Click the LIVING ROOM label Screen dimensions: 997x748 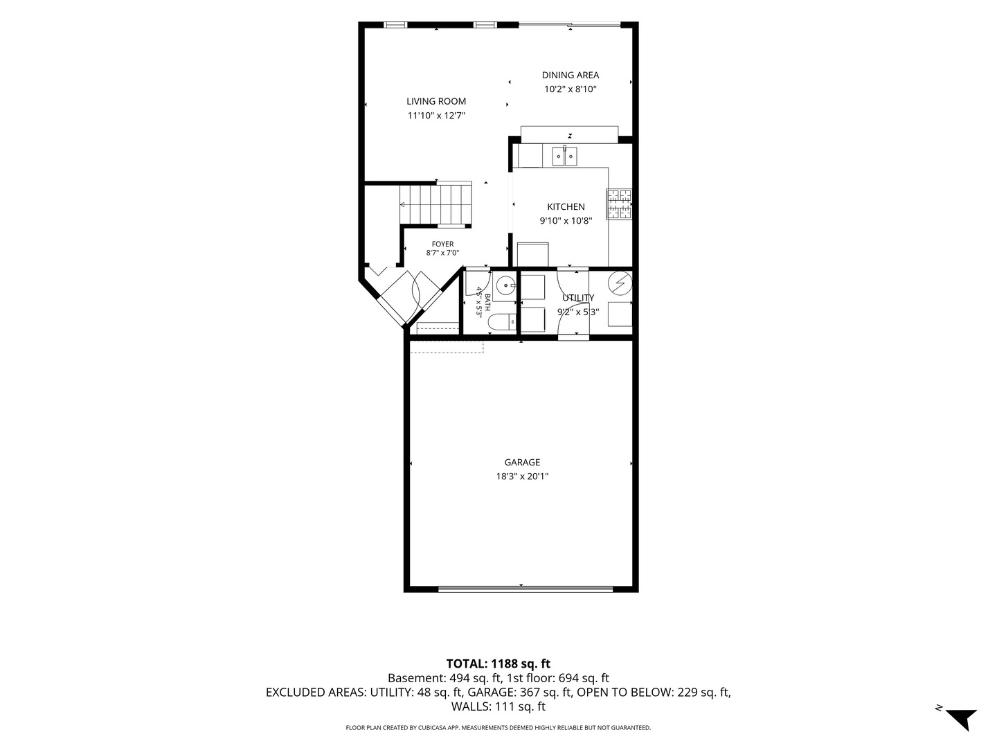coord(436,101)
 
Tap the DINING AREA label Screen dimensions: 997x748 coord(570,75)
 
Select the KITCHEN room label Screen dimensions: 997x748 coord(566,206)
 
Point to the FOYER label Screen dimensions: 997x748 coord(442,244)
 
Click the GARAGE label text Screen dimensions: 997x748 coord(522,463)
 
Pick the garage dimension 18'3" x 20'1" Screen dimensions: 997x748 coord(522,477)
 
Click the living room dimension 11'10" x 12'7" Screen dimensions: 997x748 coord(436,116)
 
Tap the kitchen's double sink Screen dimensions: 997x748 coord(564,157)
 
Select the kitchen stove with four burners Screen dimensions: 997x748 coord(619,204)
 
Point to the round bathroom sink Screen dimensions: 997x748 coord(505,286)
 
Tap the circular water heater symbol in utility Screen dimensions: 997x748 coord(620,283)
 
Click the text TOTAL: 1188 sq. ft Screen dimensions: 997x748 coord(498,664)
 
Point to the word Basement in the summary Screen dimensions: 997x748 coord(415,678)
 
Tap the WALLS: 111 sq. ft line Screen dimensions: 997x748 coord(498,706)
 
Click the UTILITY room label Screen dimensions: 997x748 coord(577,298)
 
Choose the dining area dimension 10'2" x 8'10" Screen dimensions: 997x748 coord(570,89)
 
